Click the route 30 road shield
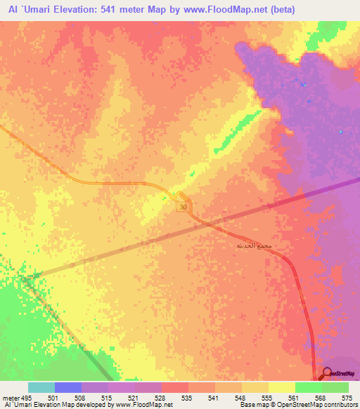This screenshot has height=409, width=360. tap(183, 207)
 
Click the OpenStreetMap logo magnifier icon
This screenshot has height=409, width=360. tap(328, 374)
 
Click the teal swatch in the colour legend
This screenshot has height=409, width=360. tap(41, 387)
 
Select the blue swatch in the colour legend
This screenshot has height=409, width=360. tap(68, 387)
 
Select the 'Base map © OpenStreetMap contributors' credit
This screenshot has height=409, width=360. tap(297, 405)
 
